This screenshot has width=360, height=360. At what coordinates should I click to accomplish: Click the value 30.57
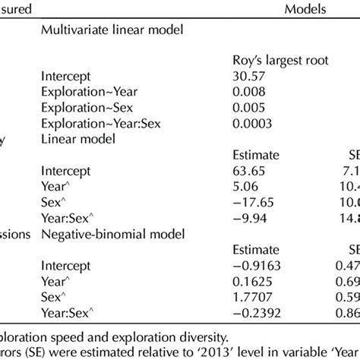point(248,76)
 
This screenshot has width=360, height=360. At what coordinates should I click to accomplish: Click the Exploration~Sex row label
point(79,108)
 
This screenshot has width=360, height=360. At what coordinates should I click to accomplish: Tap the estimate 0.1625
point(251,280)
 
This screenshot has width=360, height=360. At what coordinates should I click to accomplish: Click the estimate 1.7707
point(251,296)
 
